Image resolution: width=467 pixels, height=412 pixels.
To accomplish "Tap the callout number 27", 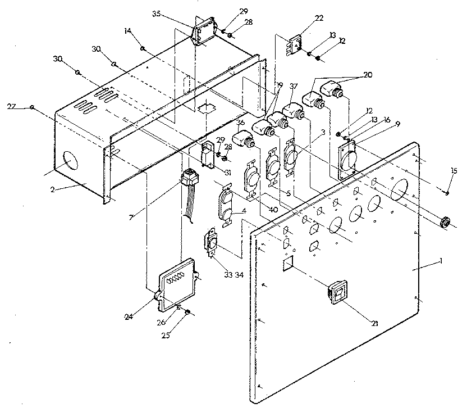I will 12,106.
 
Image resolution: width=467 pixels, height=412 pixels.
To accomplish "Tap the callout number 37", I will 293,86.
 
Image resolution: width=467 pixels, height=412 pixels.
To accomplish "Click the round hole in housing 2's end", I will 71,160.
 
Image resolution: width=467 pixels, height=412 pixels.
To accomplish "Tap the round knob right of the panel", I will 447,221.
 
